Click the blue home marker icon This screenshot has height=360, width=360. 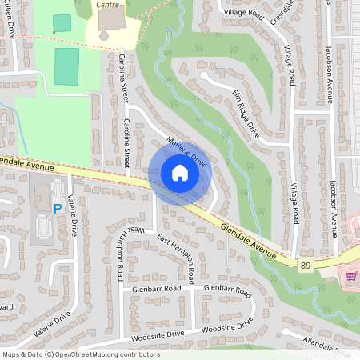click(x=179, y=172)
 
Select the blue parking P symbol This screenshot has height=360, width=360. click(x=57, y=209)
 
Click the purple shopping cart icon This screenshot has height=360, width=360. click(x=350, y=276)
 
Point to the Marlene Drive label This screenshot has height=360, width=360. click(x=186, y=152)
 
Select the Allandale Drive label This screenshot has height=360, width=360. click(x=327, y=344)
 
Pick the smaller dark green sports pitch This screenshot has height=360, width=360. click(x=61, y=22)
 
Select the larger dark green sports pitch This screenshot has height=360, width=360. click(x=67, y=66)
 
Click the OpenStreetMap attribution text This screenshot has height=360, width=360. click(x=81, y=354)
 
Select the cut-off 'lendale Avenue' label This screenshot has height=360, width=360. click(x=27, y=164)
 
